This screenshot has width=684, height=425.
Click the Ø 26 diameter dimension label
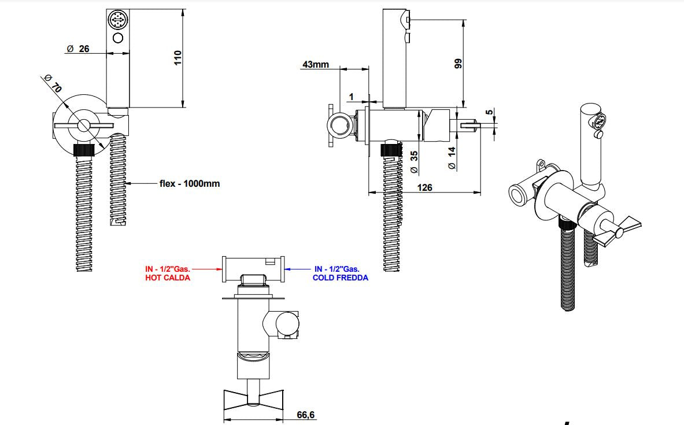pos(78,49)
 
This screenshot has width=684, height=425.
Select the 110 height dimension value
pos(178,57)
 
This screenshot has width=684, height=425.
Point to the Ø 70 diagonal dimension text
pos(53,84)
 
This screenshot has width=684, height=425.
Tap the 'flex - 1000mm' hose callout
pos(189,183)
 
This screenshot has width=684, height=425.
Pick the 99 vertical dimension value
pos(459,64)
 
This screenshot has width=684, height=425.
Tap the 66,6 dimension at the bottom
pos(306,415)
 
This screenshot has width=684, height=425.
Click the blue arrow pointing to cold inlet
pos(299,269)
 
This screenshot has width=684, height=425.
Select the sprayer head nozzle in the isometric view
pos(599,123)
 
